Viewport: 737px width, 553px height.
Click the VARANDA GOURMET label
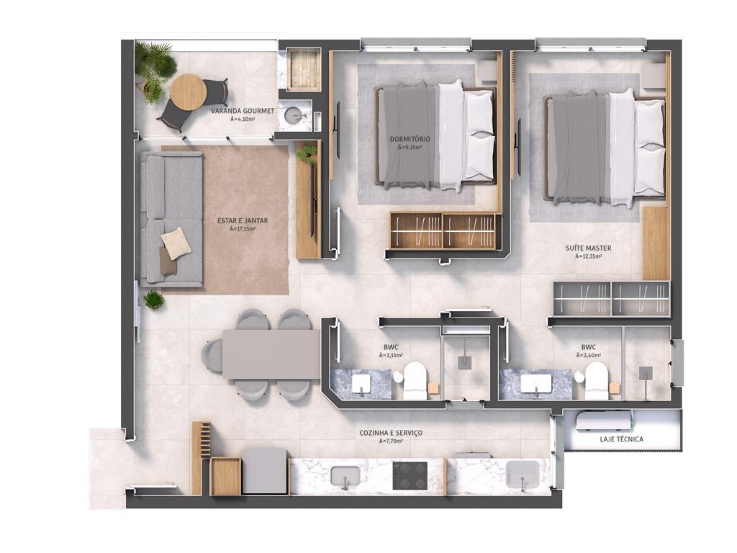(242, 111)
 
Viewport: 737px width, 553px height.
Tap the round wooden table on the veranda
(188, 92)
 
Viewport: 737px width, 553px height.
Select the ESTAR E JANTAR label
(243, 220)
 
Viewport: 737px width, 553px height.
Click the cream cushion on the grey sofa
(176, 243)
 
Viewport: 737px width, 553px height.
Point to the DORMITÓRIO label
(410, 139)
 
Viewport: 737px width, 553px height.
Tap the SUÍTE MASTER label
(589, 248)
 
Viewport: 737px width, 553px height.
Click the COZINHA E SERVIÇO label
(391, 433)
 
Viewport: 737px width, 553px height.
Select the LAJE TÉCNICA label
(621, 439)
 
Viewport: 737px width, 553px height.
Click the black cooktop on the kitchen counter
(410, 475)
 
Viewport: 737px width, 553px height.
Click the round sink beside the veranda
(294, 114)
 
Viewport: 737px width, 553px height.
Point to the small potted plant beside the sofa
(154, 300)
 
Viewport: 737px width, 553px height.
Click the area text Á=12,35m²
(588, 257)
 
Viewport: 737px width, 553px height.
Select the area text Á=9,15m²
(410, 148)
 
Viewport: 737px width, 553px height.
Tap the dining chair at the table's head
(212, 356)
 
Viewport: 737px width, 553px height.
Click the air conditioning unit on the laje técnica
(604, 420)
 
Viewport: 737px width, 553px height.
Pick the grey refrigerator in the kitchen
(265, 471)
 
